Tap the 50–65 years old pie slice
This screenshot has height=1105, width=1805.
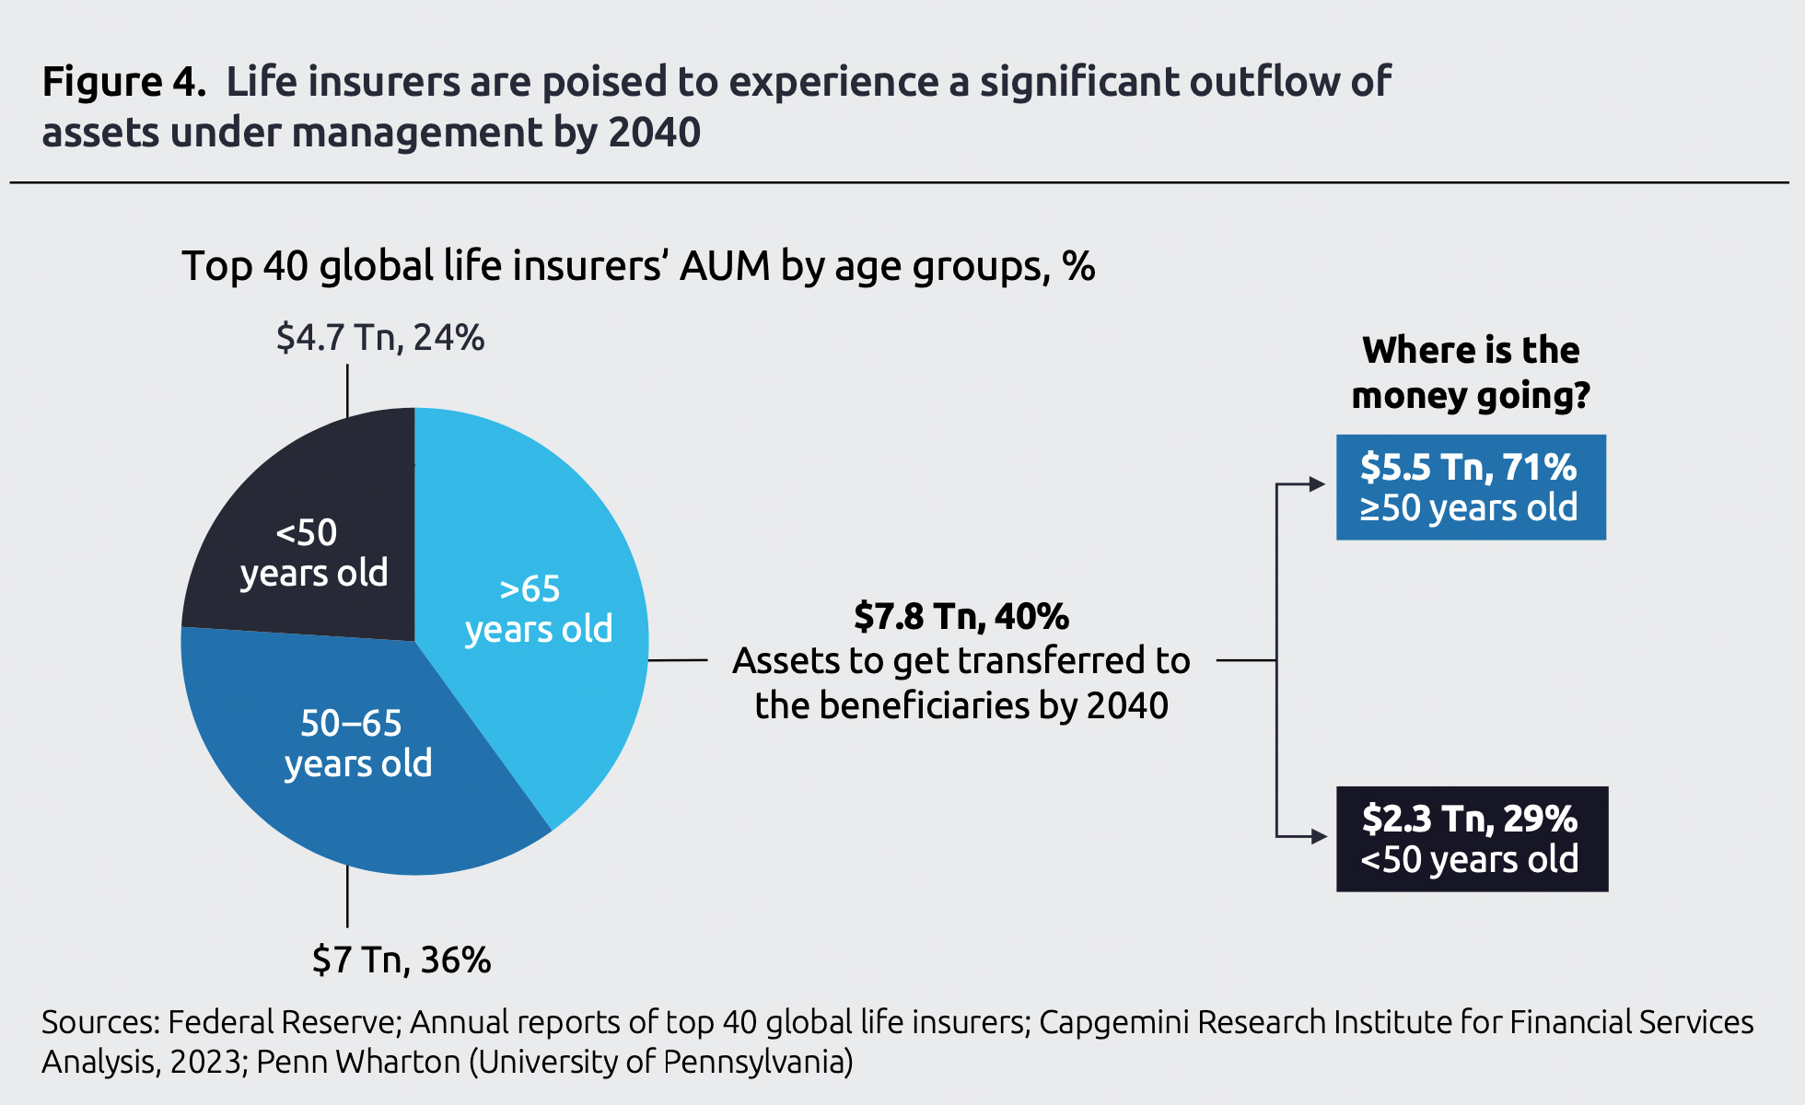(359, 755)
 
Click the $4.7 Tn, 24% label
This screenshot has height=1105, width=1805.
(379, 338)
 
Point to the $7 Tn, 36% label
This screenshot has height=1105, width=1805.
(402, 960)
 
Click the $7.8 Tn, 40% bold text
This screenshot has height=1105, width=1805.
(961, 616)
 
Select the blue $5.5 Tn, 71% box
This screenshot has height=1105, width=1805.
(1470, 487)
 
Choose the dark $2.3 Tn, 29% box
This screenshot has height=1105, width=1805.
(1471, 838)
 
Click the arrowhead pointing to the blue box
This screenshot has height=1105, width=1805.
(1317, 484)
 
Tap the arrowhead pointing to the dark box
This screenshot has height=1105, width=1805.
(1318, 836)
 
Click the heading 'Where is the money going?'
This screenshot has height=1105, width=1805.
(1471, 373)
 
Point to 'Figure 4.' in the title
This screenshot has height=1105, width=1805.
(123, 82)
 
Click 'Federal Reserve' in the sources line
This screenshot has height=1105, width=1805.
(282, 1022)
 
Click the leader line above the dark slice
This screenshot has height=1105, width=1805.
(347, 391)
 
